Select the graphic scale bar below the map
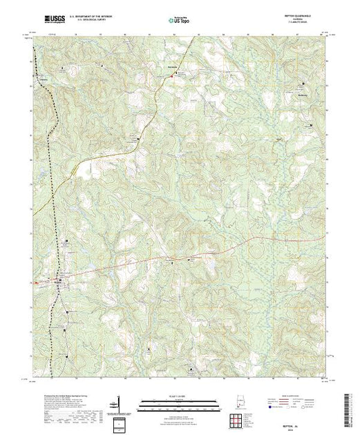(179, 402)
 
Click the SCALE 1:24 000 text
(179, 395)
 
